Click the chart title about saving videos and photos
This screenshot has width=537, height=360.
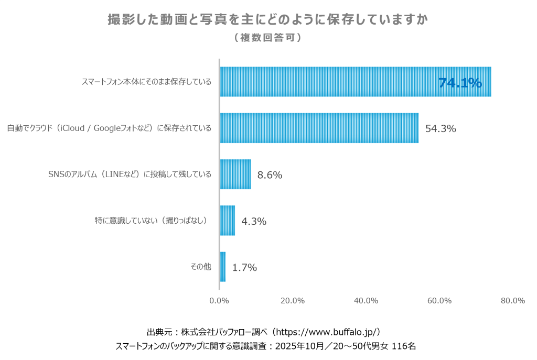coord(268,20)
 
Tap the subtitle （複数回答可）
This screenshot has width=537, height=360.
coord(268,38)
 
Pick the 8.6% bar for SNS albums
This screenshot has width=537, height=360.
coord(235,174)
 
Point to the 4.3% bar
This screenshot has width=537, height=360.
coord(228,221)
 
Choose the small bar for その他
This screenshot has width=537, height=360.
coord(223,267)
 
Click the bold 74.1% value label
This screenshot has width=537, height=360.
coord(460,83)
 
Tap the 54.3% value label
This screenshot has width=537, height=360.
coord(441,128)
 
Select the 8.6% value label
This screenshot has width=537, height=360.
coord(270,175)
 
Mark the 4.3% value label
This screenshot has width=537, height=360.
coord(254,221)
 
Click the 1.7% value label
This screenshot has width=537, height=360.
coord(244,267)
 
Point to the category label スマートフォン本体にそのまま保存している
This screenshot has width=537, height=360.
coord(146,82)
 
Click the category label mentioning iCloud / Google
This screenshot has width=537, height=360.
coord(109,128)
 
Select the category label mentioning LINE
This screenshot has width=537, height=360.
coord(130,174)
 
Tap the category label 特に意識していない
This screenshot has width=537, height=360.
coord(151,221)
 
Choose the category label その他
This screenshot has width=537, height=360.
coord(200,267)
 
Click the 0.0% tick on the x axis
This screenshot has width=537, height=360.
coord(219,300)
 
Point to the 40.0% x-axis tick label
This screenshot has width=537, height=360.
coord(366,300)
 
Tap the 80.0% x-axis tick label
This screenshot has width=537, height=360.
coord(512,300)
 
